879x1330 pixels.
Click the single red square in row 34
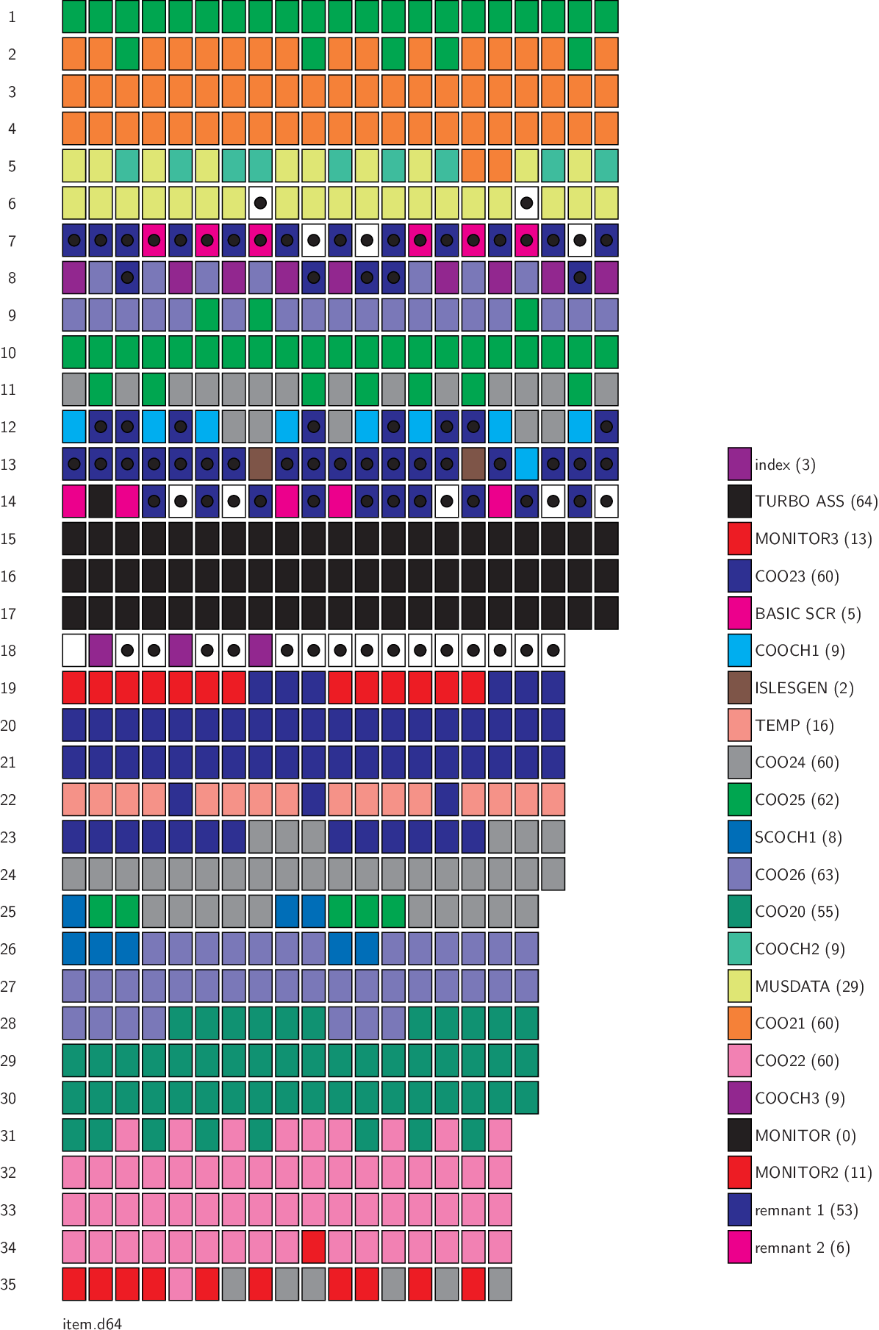click(313, 1247)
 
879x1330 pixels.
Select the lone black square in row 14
click(101, 501)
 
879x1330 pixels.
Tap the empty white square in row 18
click(74, 651)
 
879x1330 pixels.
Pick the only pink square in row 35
click(180, 1284)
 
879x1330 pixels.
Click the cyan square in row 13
click(526, 464)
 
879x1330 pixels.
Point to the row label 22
click(8, 800)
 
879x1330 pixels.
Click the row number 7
click(12, 241)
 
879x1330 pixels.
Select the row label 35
click(8, 1284)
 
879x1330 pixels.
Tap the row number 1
click(12, 17)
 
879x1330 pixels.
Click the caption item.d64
click(92, 1323)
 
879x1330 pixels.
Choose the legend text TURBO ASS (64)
click(816, 501)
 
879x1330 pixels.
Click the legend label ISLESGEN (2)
click(803, 688)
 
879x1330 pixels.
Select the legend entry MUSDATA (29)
click(809, 986)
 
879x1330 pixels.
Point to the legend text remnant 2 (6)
click(802, 1248)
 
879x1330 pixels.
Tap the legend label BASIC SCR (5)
click(808, 613)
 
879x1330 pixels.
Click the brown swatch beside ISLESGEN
click(739, 688)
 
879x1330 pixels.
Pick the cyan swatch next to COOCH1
click(739, 651)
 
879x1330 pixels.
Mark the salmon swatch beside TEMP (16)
click(739, 725)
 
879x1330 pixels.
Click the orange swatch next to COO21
click(739, 1023)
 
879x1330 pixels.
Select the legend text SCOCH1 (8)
click(798, 837)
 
